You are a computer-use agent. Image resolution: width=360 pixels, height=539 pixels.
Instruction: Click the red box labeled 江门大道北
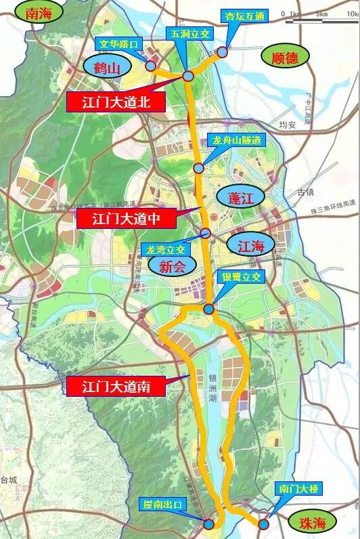[x=116, y=102]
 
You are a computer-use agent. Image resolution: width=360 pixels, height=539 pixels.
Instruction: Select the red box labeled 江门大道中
[x=126, y=219]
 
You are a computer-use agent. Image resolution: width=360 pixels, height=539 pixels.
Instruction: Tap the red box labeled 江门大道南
[x=114, y=387]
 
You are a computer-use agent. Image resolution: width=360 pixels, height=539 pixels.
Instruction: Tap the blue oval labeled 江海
[x=250, y=244]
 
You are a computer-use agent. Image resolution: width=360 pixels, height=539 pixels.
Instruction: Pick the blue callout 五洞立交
[x=185, y=32]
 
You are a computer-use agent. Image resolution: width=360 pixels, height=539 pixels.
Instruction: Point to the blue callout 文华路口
[x=120, y=45]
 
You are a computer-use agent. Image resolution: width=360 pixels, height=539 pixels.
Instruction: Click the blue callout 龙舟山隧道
[x=235, y=139]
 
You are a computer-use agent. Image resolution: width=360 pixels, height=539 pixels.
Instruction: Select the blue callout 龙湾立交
[x=165, y=249]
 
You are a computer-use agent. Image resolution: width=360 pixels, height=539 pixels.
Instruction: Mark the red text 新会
[x=172, y=267]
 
